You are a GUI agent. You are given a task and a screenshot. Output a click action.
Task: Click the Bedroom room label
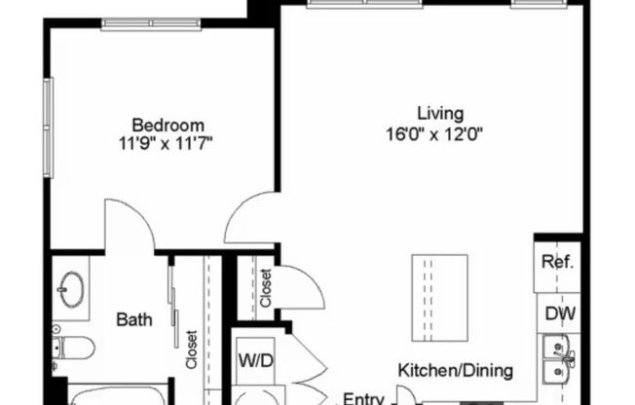click(x=168, y=125)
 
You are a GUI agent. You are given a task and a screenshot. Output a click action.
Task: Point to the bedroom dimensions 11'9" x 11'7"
click(x=168, y=143)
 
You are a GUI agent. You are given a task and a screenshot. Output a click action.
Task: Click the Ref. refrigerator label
click(x=558, y=263)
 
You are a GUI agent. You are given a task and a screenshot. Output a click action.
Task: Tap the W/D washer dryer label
click(x=256, y=360)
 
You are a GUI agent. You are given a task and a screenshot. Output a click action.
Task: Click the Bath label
click(x=133, y=318)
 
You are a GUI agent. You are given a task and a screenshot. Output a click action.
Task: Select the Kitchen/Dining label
click(x=455, y=370)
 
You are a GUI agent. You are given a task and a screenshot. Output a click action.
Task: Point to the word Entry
click(x=365, y=397)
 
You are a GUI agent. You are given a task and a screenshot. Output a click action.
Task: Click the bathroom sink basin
click(x=70, y=288)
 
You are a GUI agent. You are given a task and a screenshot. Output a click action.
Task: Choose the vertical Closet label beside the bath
click(x=193, y=350)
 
